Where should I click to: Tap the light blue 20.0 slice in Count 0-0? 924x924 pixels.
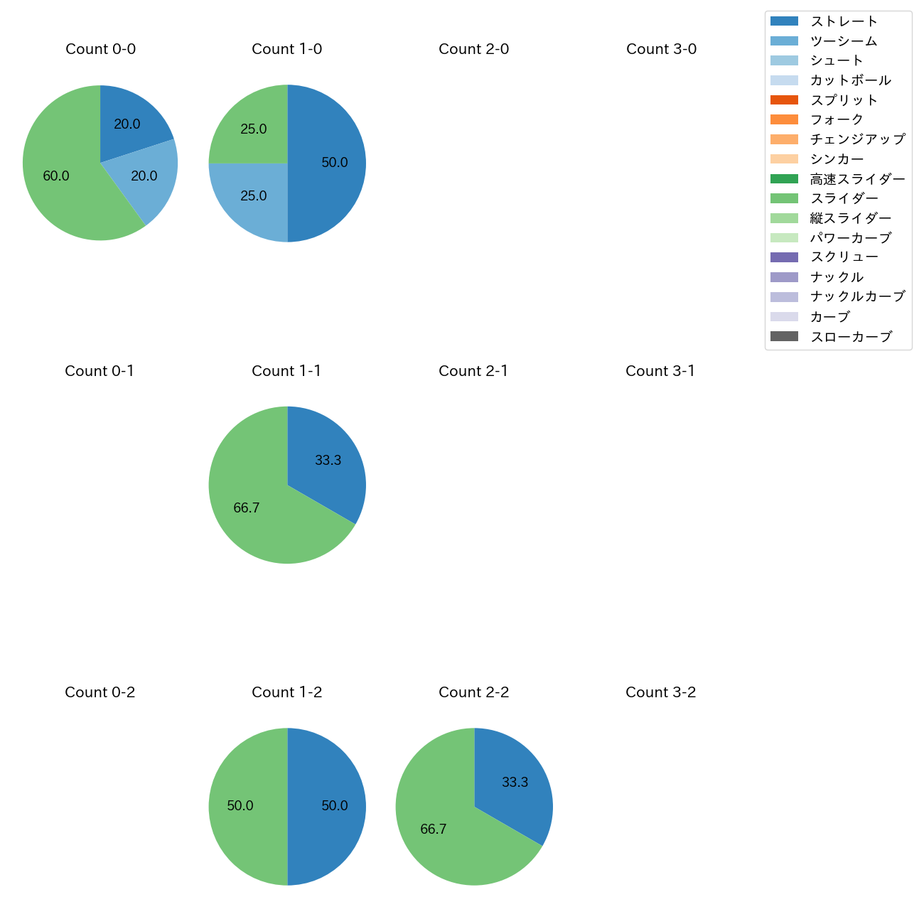coord(144,176)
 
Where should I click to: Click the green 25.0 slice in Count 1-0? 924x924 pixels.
coord(252,129)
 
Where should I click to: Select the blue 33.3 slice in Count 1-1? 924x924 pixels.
coord(327,461)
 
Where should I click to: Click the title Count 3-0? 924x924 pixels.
coord(661,49)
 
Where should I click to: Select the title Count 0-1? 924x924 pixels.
coord(100,371)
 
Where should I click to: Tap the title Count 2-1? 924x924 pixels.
coord(473,371)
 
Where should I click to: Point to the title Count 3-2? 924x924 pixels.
coord(661,692)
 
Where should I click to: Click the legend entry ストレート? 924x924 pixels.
coord(844,21)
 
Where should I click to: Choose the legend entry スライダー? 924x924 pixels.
coord(844,198)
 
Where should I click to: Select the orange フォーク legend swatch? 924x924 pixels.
coord(784,119)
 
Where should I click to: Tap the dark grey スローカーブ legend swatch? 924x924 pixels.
coord(784,336)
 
